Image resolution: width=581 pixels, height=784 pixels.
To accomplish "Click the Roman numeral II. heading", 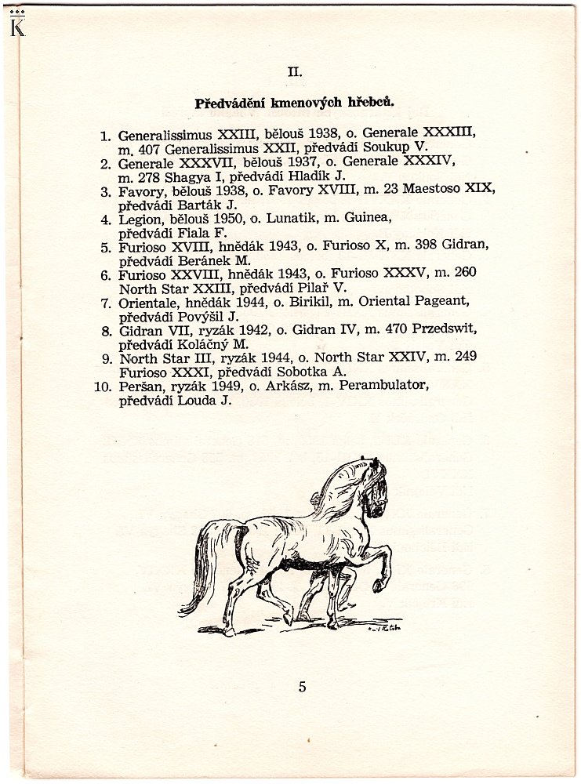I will [294, 71].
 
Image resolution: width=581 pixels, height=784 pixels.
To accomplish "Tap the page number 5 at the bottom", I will [302, 688].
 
